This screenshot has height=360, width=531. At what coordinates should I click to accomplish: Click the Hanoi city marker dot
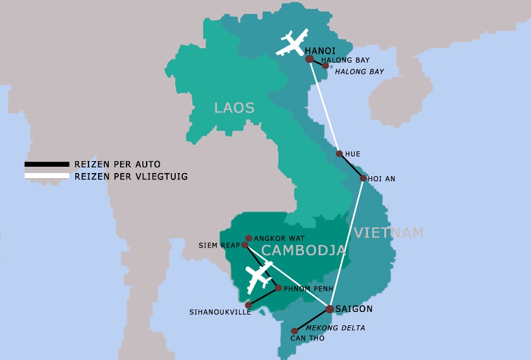point(309,59)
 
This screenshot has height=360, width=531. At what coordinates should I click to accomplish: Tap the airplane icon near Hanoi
point(292,44)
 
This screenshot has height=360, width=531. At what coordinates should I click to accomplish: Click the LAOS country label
point(234,108)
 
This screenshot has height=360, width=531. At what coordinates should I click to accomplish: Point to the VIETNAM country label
point(388,233)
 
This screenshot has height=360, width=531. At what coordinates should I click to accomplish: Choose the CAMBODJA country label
point(303,251)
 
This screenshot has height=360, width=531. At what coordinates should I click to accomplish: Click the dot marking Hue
point(339,153)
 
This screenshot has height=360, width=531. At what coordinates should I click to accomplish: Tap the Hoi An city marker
point(363,178)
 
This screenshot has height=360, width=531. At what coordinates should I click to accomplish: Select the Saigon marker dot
point(330,309)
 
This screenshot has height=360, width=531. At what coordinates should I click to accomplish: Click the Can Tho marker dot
point(294,331)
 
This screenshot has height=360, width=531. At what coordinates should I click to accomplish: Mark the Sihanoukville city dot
point(248,305)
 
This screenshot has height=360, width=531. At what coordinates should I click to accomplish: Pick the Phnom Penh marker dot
point(279,288)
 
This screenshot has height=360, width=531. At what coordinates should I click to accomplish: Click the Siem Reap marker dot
point(245,245)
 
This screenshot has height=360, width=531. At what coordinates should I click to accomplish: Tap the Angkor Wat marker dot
point(248,238)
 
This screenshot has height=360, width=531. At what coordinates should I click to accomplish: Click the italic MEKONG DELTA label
point(335,328)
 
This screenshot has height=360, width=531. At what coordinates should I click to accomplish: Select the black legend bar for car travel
point(47,165)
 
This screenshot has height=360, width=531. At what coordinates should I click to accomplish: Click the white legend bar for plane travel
point(47,176)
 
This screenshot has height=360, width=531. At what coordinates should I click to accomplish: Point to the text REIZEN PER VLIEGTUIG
point(131,177)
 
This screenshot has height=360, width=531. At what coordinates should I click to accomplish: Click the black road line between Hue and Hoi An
point(351,166)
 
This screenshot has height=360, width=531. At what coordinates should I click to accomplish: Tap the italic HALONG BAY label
point(359,71)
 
